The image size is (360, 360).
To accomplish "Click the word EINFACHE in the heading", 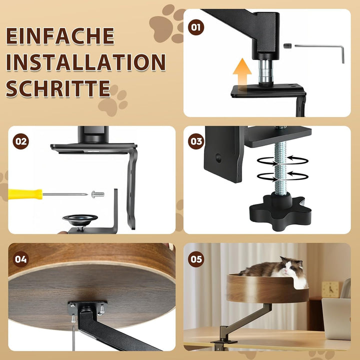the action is pyautogui.click(x=60, y=36).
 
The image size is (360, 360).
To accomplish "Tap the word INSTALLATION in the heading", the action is pyautogui.click(x=85, y=62).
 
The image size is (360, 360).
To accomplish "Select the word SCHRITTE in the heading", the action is pyautogui.click(x=58, y=88).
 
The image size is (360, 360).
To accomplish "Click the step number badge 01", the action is pyautogui.click(x=196, y=27).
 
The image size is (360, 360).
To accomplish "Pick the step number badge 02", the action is pyautogui.click(x=20, y=141).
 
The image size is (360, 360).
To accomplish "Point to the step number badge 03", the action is pyautogui.click(x=196, y=141).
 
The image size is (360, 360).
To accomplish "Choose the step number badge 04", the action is pyautogui.click(x=20, y=259).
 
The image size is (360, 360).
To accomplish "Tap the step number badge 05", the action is pyautogui.click(x=196, y=259).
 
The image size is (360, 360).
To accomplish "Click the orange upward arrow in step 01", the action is pyautogui.click(x=242, y=72).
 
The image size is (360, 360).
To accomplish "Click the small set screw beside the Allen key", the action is pyautogui.click(x=287, y=46).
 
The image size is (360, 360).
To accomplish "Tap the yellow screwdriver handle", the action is pyautogui.click(x=25, y=194).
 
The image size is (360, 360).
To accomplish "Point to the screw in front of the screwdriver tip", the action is pyautogui.click(x=98, y=194).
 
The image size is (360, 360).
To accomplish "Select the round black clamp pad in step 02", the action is pyautogui.click(x=80, y=219).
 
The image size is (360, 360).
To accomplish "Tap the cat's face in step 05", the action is pyautogui.click(x=289, y=267).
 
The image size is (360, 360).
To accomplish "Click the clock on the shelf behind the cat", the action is pyautogui.click(x=330, y=289).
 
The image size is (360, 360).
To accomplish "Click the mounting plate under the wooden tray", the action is pyautogui.click(x=87, y=308).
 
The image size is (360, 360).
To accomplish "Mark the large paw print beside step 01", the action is pyautogui.click(x=167, y=23).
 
